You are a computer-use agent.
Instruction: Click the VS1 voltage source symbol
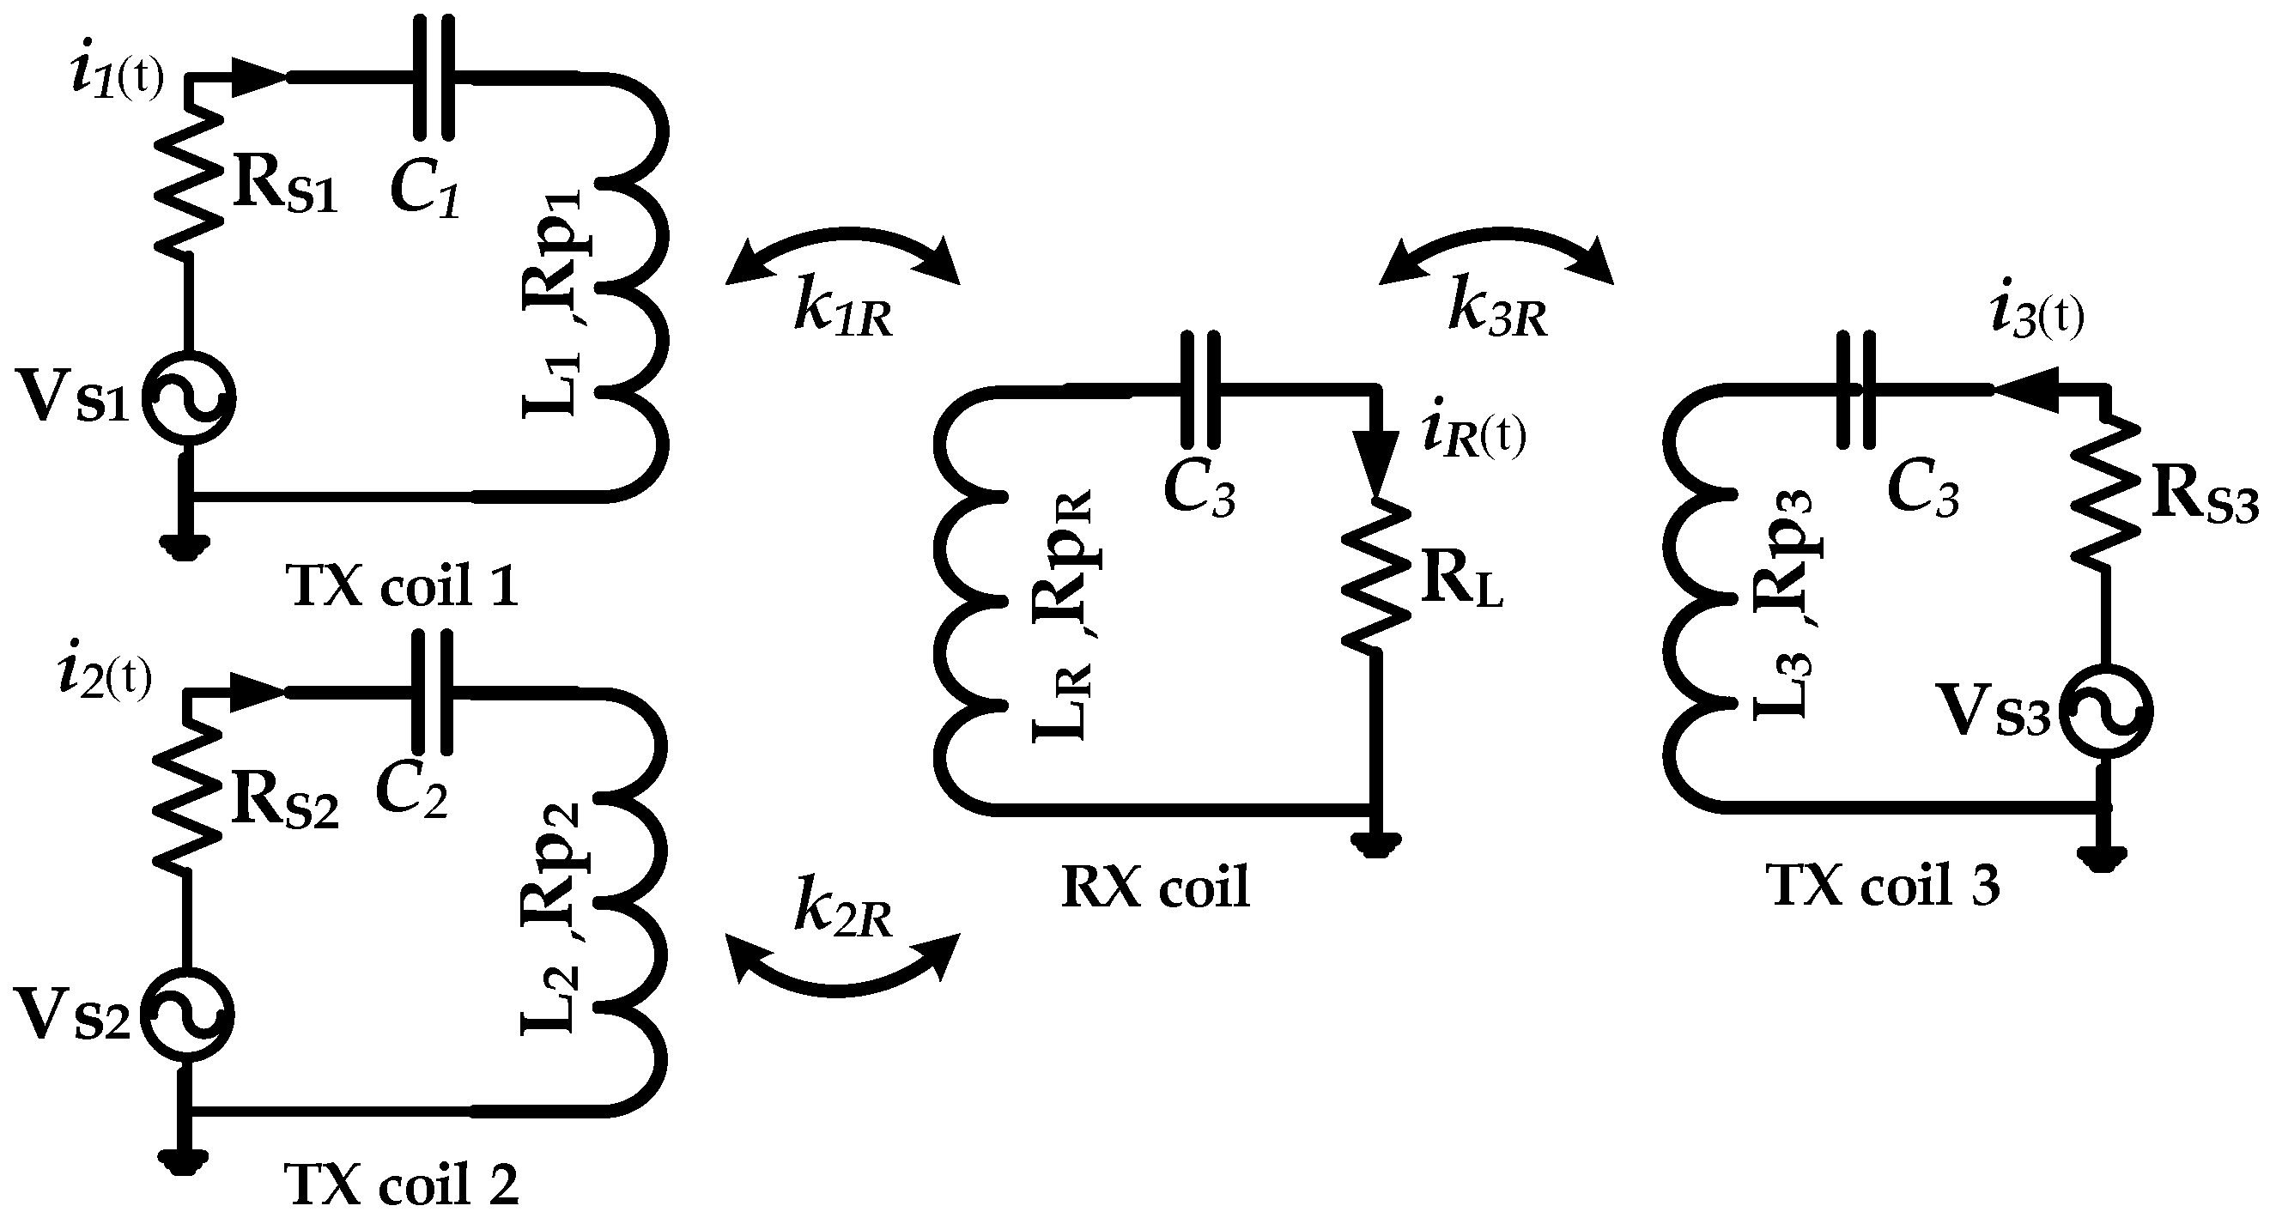click(188, 398)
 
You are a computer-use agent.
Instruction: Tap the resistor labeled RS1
click(188, 181)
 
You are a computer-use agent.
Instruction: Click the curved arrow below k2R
click(841, 976)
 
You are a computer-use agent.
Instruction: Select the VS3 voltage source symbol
click(2105, 712)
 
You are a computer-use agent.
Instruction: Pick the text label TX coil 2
click(401, 1184)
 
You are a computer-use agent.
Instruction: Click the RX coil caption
click(1155, 887)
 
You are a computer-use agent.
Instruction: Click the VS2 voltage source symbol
click(188, 1015)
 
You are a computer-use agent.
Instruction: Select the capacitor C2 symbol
click(434, 694)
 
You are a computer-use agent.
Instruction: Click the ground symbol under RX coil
click(1375, 845)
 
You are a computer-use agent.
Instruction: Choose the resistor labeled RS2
click(188, 795)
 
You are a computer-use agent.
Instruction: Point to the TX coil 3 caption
click(1882, 885)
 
